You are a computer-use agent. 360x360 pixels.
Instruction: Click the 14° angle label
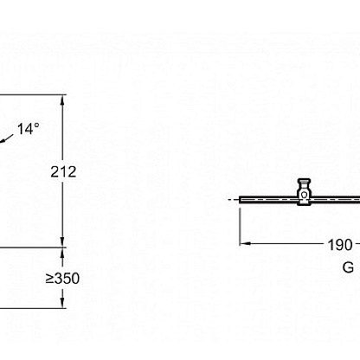28,129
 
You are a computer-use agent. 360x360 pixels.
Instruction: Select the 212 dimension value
63,172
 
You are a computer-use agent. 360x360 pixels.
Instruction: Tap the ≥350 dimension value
62,279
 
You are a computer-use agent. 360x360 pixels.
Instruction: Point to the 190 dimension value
340,245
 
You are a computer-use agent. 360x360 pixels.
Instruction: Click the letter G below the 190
348,267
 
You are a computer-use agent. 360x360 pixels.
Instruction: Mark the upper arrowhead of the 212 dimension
63,99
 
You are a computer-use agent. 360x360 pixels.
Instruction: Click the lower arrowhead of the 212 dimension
63,242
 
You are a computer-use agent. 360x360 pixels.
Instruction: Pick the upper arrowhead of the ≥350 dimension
63,252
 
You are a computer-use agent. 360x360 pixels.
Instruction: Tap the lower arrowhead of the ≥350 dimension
63,304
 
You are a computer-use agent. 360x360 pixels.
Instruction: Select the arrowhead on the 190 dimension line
245,243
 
